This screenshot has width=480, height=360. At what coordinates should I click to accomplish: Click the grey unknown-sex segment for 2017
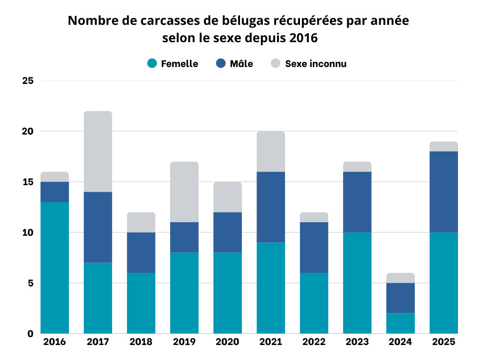click(x=98, y=151)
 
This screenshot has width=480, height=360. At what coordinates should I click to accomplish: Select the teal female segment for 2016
click(x=55, y=268)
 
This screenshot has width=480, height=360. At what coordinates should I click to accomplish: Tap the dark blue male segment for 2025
click(x=443, y=192)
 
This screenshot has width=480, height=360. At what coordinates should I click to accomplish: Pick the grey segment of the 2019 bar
click(x=184, y=192)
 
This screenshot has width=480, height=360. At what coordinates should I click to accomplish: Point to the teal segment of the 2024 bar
click(x=400, y=323)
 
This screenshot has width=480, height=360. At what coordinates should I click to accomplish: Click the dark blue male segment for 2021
click(x=271, y=207)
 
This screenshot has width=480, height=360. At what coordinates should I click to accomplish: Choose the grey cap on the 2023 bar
click(x=357, y=166)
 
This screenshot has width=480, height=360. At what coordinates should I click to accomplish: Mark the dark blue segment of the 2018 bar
click(x=141, y=252)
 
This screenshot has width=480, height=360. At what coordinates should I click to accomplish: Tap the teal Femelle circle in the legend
click(x=152, y=64)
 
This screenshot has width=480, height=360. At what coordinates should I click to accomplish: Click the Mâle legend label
click(x=241, y=64)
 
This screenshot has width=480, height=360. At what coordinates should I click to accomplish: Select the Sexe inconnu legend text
click(x=316, y=64)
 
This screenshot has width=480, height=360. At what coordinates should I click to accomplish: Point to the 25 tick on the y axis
click(x=28, y=81)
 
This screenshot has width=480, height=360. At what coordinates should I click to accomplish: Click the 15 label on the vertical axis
click(x=28, y=182)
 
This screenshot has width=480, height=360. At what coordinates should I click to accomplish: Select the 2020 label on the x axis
click(x=227, y=342)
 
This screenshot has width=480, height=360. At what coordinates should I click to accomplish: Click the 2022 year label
click(x=314, y=342)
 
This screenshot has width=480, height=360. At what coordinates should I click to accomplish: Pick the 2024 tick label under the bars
click(x=400, y=342)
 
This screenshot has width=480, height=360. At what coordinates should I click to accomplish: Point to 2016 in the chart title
click(x=303, y=38)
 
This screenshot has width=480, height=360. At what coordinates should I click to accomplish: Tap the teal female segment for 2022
click(x=314, y=303)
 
